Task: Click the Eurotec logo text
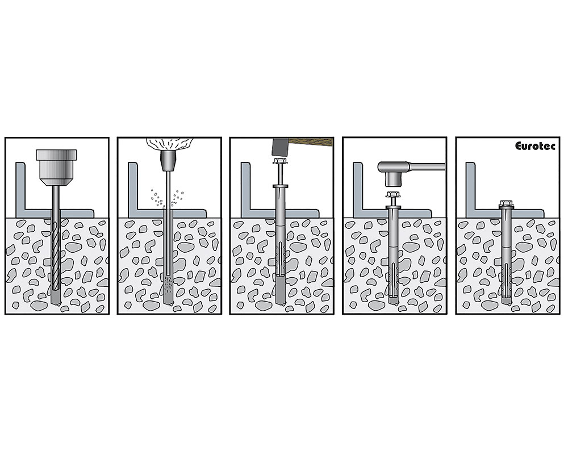coord(534,146)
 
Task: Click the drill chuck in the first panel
coord(56,167)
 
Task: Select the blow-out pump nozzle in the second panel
coord(168,161)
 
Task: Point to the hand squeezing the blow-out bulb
coord(169,144)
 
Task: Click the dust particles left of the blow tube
coord(157,198)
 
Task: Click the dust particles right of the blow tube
coord(177,198)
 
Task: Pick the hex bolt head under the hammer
coord(281,161)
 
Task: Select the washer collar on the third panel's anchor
coord(281,186)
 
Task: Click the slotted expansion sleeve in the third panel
coord(281,258)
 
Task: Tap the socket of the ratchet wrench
coord(393,178)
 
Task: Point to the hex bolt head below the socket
coord(393,195)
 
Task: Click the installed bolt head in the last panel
coord(506,204)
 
